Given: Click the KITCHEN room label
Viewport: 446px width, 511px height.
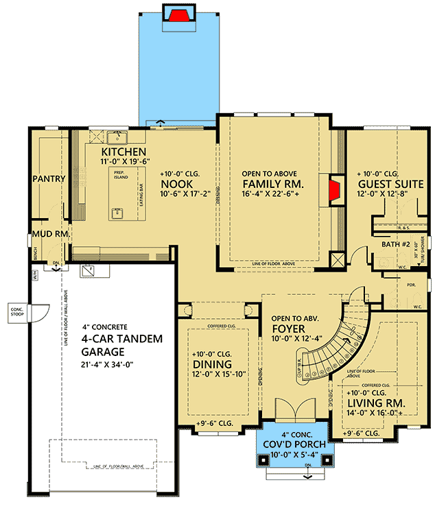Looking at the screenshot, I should pos(124,152).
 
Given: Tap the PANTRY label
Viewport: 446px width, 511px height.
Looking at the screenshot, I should pos(48,179).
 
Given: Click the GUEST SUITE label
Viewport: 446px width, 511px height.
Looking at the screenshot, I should pos(391,185).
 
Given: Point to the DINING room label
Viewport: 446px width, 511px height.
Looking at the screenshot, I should pos(211,364).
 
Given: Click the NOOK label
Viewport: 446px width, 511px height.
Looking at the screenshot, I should pos(176,185).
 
